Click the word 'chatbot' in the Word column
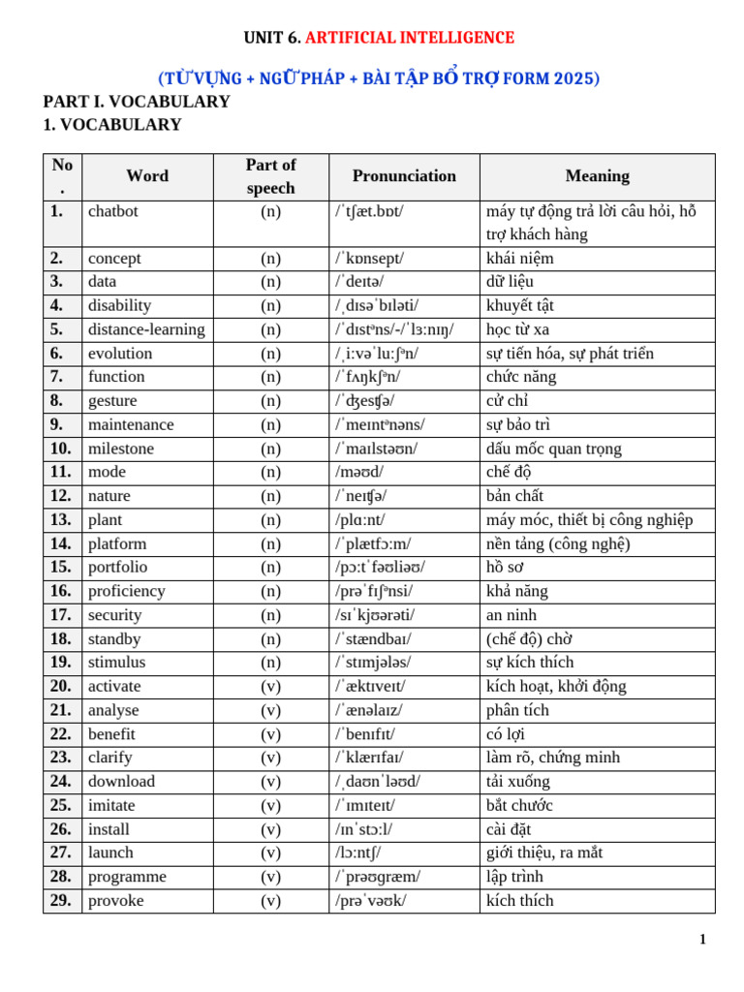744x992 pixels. (113, 211)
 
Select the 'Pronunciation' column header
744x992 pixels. (404, 176)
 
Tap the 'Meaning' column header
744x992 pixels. (597, 176)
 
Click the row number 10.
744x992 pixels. (61, 449)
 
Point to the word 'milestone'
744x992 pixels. (121, 449)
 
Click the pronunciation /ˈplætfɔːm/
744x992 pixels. (373, 543)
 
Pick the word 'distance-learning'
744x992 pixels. (146, 329)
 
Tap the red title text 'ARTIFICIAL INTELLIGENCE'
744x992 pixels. (410, 38)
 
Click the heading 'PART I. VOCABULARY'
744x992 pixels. (137, 102)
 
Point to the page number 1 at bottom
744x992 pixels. (702, 939)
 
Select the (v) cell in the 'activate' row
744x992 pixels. (270, 686)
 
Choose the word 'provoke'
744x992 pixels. (116, 900)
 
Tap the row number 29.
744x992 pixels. (61, 900)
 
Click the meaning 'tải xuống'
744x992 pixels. (518, 781)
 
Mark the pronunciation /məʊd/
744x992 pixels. (359, 472)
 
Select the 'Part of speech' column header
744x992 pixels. (270, 176)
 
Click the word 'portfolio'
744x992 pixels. (118, 567)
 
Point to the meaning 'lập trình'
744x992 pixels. (514, 877)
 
